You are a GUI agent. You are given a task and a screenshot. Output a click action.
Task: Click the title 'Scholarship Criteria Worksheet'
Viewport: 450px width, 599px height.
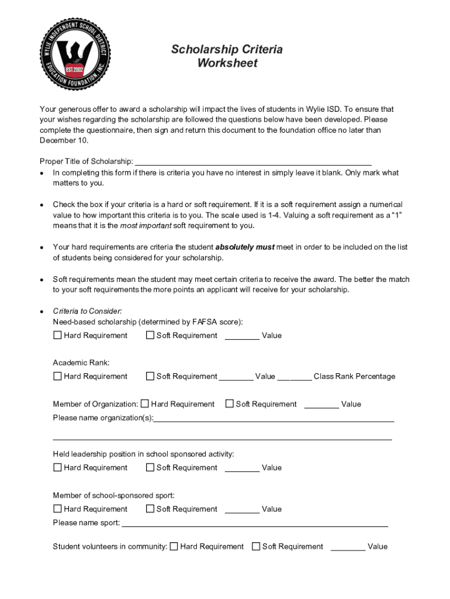click(x=227, y=56)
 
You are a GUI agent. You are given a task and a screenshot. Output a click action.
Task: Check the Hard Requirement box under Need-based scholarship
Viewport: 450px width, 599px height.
click(x=57, y=336)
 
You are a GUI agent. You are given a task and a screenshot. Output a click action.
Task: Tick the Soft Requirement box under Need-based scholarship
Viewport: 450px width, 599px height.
click(x=150, y=336)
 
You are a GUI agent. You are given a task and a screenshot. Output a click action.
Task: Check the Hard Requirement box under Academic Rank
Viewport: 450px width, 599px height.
click(x=57, y=377)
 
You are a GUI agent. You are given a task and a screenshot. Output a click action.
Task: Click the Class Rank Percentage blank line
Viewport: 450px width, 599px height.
click(x=294, y=378)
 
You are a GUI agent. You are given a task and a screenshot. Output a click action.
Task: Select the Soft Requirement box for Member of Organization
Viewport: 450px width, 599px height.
click(x=230, y=404)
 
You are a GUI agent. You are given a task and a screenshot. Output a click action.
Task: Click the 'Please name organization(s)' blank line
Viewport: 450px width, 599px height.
click(x=274, y=420)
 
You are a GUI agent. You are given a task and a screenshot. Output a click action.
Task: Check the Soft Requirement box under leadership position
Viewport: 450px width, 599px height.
click(x=150, y=468)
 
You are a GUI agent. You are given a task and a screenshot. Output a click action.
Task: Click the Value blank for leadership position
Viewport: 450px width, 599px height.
click(x=242, y=470)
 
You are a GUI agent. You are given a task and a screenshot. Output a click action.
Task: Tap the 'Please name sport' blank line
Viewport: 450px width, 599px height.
click(x=254, y=525)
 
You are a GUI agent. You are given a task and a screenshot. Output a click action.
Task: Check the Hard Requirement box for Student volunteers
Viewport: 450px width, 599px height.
click(x=174, y=547)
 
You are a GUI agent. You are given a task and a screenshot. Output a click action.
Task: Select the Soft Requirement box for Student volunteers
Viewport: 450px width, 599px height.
click(x=256, y=547)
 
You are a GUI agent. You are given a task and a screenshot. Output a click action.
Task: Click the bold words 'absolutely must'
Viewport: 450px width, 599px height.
click(x=245, y=247)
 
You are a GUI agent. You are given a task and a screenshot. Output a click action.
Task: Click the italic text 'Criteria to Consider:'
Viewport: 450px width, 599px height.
click(x=87, y=312)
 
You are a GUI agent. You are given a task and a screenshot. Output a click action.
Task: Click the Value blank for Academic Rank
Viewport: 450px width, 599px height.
click(x=236, y=378)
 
